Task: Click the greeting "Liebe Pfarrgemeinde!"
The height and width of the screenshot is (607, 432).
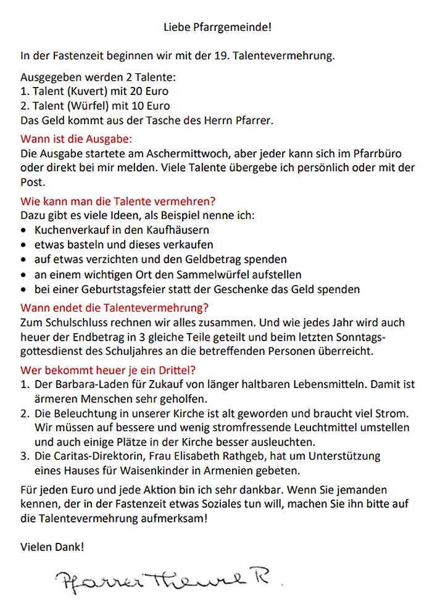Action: [x=217, y=27]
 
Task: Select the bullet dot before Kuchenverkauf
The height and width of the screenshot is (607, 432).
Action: [x=23, y=231]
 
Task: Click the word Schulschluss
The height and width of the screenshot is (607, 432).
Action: [x=71, y=323]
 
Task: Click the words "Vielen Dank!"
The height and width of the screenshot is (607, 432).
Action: [x=52, y=547]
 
